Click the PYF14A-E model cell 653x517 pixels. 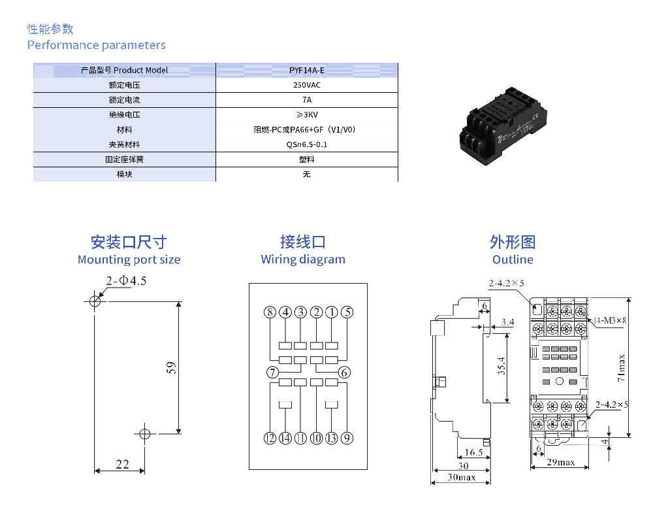(306, 70)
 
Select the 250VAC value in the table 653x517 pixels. (306, 85)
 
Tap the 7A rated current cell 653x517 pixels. (306, 100)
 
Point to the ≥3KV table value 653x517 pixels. (306, 115)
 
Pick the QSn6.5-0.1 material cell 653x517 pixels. (306, 144)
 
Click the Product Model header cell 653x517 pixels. (124, 70)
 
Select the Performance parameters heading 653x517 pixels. (96, 45)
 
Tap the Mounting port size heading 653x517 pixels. (129, 259)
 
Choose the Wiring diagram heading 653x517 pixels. (303, 259)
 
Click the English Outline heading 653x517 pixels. (513, 259)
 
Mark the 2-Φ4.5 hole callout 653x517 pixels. (127, 281)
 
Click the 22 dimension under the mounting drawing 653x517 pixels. (122, 464)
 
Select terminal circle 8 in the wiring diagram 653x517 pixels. (270, 312)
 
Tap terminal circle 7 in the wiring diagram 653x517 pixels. (272, 373)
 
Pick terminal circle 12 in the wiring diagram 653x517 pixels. (270, 438)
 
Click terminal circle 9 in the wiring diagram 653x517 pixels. (347, 438)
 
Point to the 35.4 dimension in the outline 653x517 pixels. (501, 366)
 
